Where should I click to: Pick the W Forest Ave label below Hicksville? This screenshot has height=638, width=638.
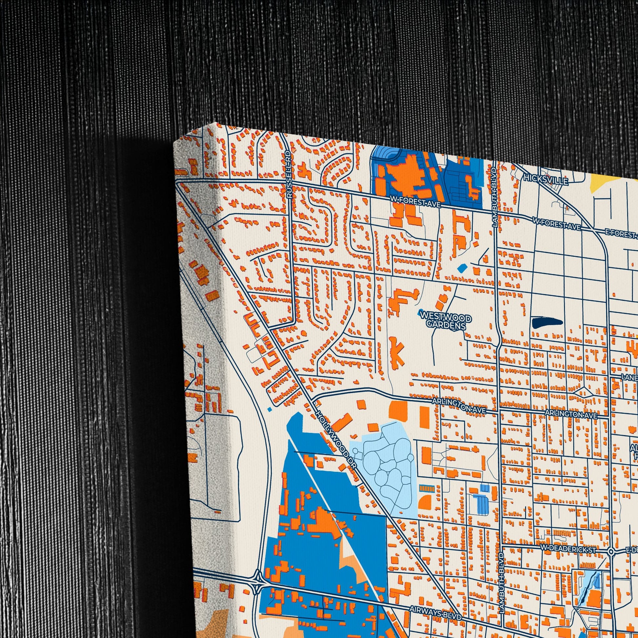tap(556, 225)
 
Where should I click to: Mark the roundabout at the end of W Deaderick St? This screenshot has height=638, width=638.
tap(610, 551)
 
